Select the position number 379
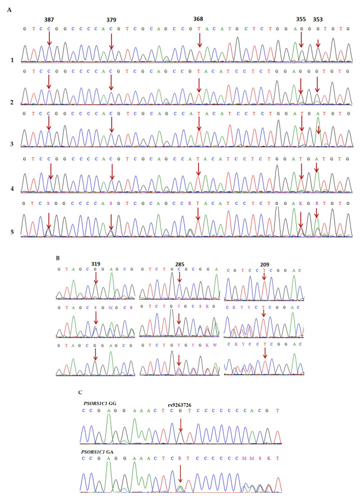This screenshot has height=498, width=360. point(111,20)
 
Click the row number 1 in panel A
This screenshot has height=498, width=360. point(11,61)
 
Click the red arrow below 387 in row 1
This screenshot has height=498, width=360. point(49,38)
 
